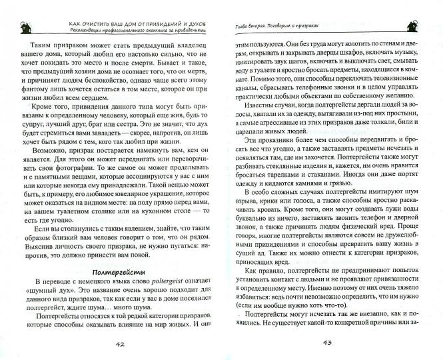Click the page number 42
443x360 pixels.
click(x=120, y=344)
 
